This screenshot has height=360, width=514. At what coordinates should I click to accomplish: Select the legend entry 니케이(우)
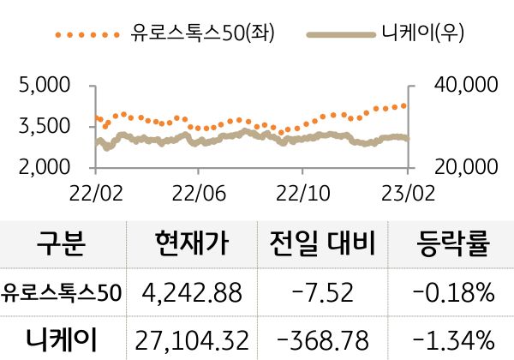coord(423,34)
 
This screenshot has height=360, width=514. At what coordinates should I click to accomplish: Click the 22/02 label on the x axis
coord(94,188)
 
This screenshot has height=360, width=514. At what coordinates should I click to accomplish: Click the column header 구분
coord(62,246)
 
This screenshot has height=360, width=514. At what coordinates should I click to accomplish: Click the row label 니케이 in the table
coord(62,337)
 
